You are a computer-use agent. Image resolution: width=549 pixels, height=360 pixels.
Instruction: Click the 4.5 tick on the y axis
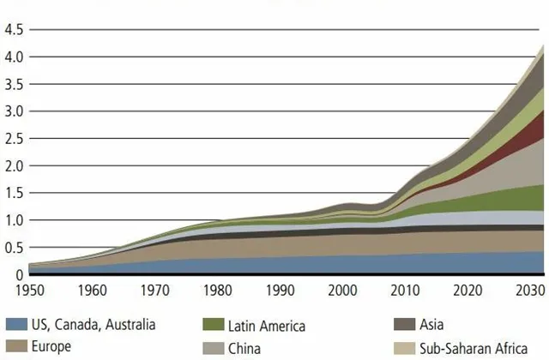coord(15,30)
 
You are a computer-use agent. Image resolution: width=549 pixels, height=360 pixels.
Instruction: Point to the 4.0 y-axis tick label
coord(15,57)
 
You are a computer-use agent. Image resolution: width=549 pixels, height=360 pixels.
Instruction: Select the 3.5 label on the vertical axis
coord(15,85)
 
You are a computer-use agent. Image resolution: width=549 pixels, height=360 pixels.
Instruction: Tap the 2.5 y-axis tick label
coord(15,139)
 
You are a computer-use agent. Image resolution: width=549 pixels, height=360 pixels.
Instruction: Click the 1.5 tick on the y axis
coord(15,194)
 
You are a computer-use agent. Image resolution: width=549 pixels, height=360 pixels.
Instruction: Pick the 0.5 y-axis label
coord(15,249)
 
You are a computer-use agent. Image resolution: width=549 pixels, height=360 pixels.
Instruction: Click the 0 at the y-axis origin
coord(19,275)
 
